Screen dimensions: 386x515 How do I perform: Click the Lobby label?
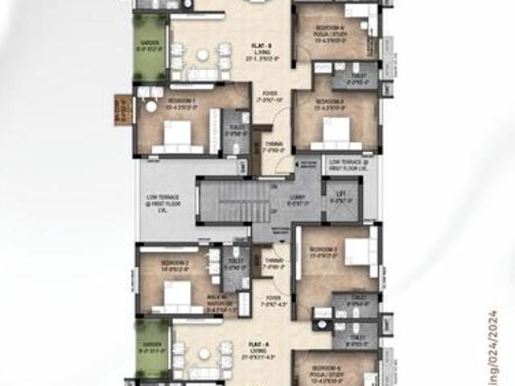[x=298, y=199]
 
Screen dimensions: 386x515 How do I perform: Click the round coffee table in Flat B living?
[x=203, y=55]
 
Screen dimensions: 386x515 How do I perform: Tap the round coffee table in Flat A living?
[x=204, y=353]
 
